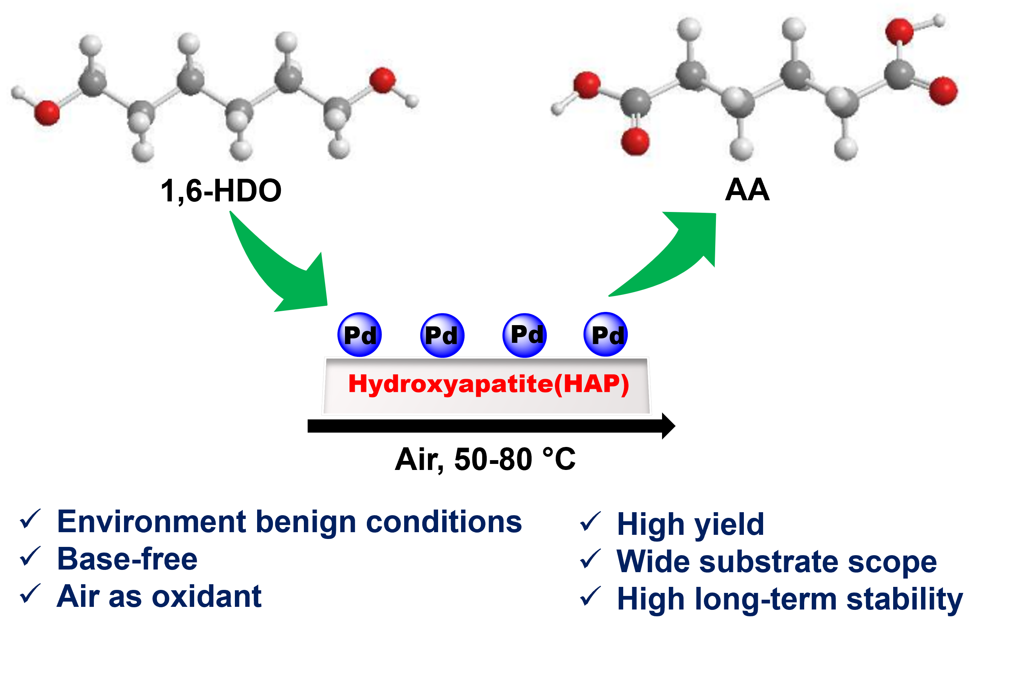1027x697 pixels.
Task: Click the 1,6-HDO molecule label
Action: (221, 191)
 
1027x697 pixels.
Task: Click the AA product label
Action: (747, 190)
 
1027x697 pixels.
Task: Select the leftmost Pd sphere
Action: (359, 335)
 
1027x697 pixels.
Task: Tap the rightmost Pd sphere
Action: (605, 335)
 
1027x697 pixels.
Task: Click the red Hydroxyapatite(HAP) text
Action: (488, 384)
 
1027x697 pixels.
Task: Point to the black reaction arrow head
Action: (668, 426)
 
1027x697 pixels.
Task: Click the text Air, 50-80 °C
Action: (485, 459)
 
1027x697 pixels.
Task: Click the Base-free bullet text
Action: (127, 559)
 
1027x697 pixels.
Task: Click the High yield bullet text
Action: (690, 525)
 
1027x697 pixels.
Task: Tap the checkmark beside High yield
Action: (590, 522)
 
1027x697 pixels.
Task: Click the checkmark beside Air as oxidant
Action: (30, 594)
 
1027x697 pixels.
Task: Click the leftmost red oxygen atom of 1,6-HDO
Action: (47, 113)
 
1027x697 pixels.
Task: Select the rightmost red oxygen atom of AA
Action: (943, 91)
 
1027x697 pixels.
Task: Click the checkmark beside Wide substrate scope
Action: (590, 559)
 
